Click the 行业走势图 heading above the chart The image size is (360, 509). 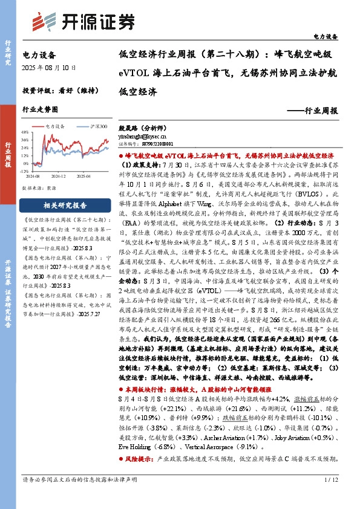pos(40,109)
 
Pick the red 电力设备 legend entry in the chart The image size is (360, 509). pos(56,126)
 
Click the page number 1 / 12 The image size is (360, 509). pos(330,497)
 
